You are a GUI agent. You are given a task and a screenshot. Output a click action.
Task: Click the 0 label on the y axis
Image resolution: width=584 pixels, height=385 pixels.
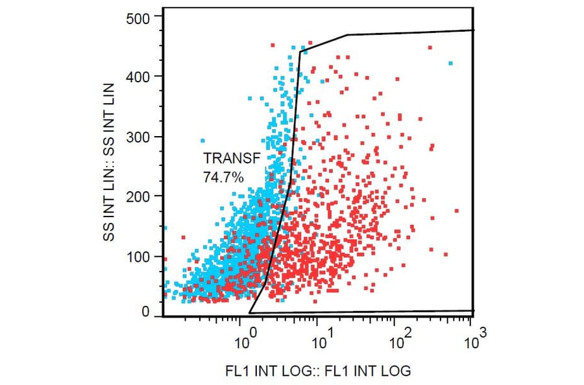click(x=146, y=312)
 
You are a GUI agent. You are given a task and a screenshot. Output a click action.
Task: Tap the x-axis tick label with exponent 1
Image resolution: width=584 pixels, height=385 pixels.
click(x=322, y=340)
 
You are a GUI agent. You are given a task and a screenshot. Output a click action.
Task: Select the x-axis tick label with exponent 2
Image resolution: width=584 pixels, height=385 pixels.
click(x=398, y=340)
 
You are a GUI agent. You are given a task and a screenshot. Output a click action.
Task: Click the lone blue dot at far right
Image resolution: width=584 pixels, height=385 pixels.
click(x=450, y=64)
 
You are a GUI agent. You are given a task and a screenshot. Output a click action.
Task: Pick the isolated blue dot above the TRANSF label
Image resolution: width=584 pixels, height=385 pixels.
click(x=202, y=141)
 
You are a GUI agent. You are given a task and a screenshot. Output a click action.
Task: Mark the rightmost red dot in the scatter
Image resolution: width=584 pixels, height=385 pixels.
click(x=457, y=211)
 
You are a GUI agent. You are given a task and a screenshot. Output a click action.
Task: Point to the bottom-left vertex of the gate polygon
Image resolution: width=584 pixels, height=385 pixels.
click(x=250, y=312)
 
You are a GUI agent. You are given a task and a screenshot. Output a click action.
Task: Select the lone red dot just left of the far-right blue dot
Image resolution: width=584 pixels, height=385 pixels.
click(x=430, y=47)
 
